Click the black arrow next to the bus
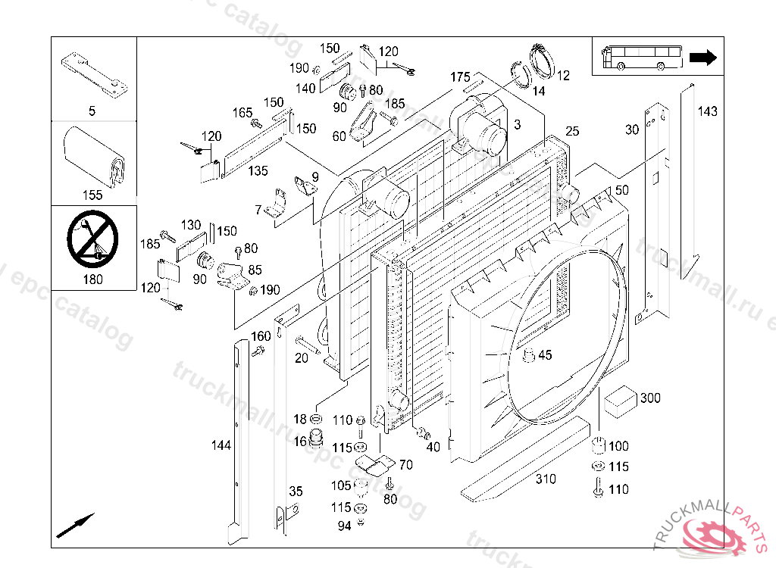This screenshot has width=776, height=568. click(x=703, y=58)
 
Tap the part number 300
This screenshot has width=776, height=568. click(x=650, y=398)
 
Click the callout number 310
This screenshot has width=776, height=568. click(x=546, y=479)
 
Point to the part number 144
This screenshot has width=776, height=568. click(x=221, y=445)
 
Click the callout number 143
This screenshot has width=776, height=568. click(x=706, y=112)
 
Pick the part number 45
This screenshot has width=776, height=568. click(x=546, y=355)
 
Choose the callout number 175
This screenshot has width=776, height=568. click(x=460, y=77)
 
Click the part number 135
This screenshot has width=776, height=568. click(x=258, y=171)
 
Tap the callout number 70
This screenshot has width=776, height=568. click(x=405, y=465)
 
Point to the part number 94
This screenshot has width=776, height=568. click(x=344, y=526)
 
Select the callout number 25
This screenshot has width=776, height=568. click(x=571, y=132)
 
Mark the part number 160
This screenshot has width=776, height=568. click(x=261, y=336)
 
